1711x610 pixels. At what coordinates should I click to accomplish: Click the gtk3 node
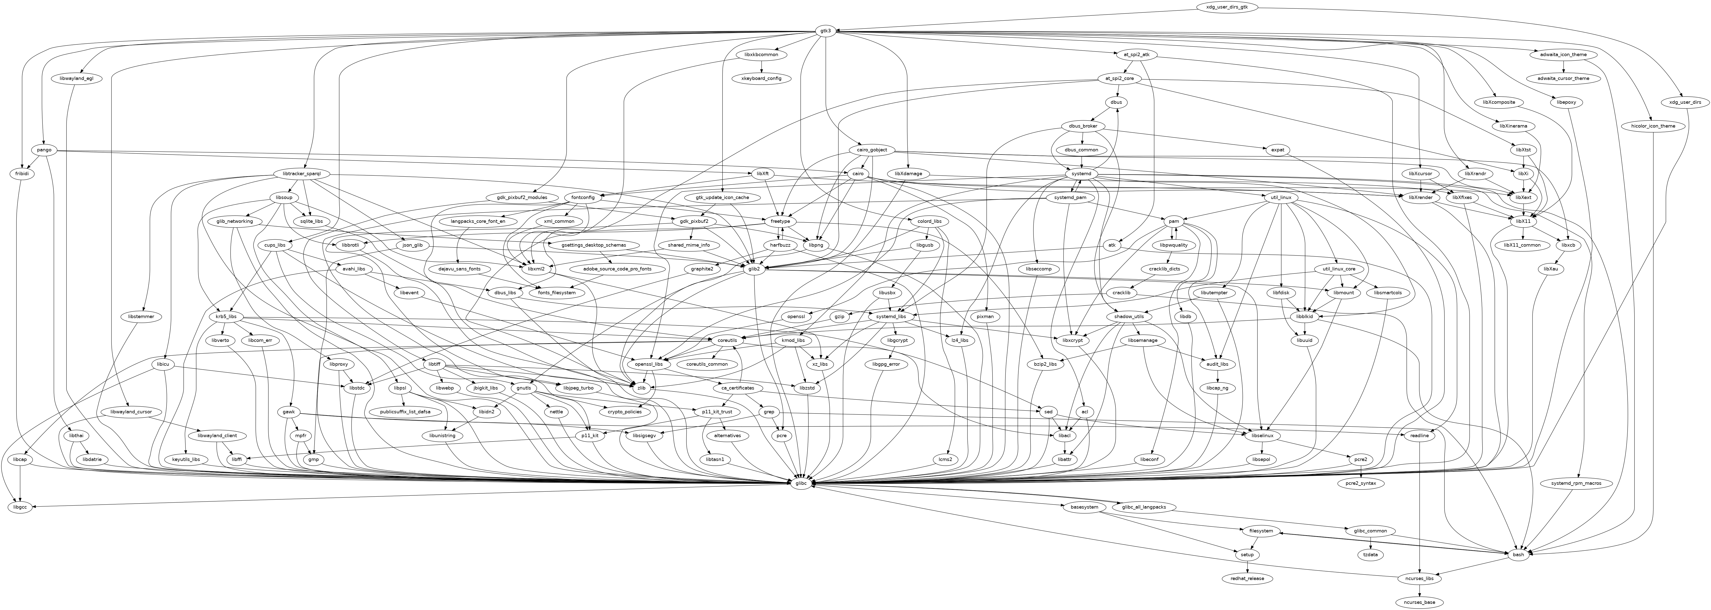tap(825, 31)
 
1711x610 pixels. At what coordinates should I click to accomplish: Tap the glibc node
tap(801, 483)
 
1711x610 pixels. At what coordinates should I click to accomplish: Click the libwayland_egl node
tap(76, 78)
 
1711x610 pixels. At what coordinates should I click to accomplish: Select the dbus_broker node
tap(1082, 126)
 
